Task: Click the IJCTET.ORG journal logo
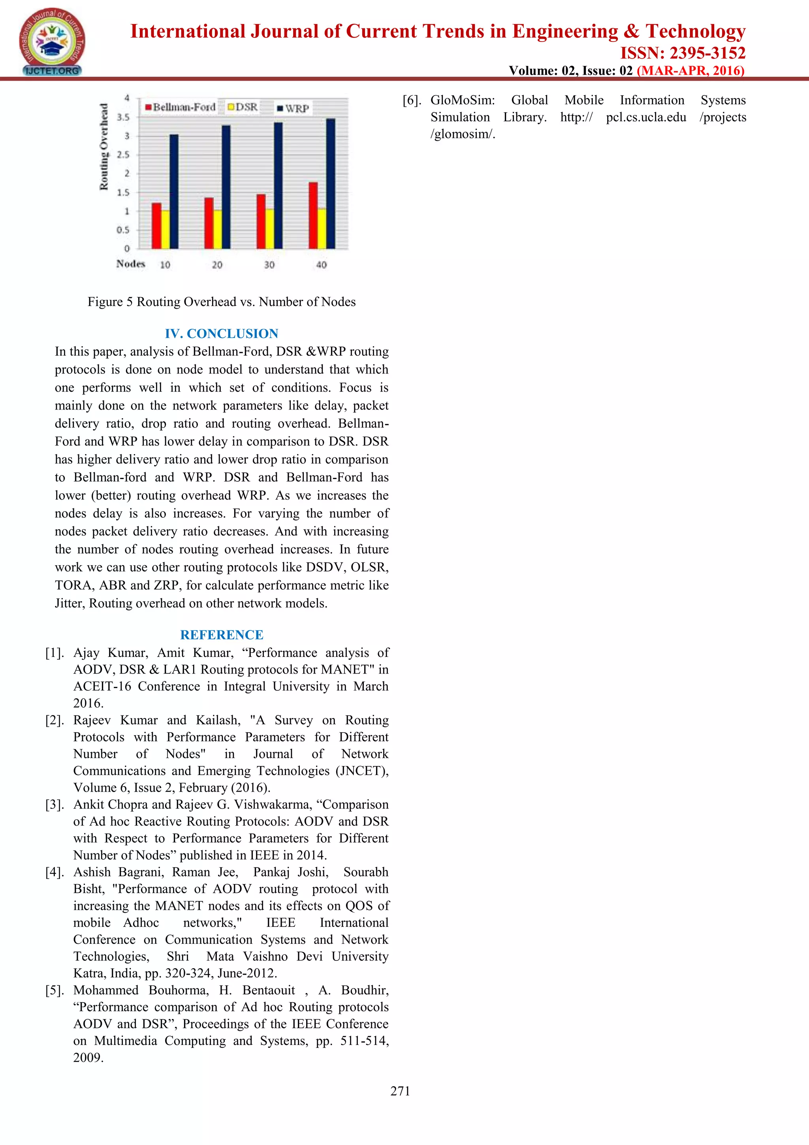tap(52, 42)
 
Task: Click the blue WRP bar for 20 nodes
tap(226, 187)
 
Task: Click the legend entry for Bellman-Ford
tap(180, 107)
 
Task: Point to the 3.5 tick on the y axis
tap(123, 117)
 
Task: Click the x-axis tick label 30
tap(269, 265)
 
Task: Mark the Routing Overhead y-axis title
tap(103, 147)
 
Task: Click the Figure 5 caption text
tap(221, 302)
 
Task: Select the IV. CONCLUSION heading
tap(221, 333)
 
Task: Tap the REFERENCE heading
tap(221, 634)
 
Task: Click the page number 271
tap(400, 1091)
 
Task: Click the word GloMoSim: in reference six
tap(463, 100)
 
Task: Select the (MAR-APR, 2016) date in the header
tap(691, 70)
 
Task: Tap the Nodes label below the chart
tap(131, 264)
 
